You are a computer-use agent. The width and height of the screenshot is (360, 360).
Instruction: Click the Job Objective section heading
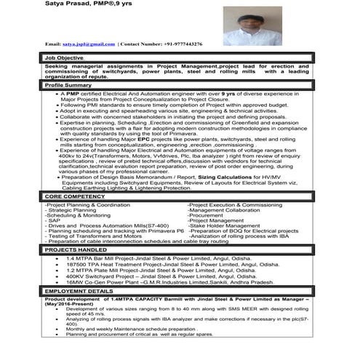tap(65, 57)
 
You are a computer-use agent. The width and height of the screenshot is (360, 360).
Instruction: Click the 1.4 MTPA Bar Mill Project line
tap(160, 258)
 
